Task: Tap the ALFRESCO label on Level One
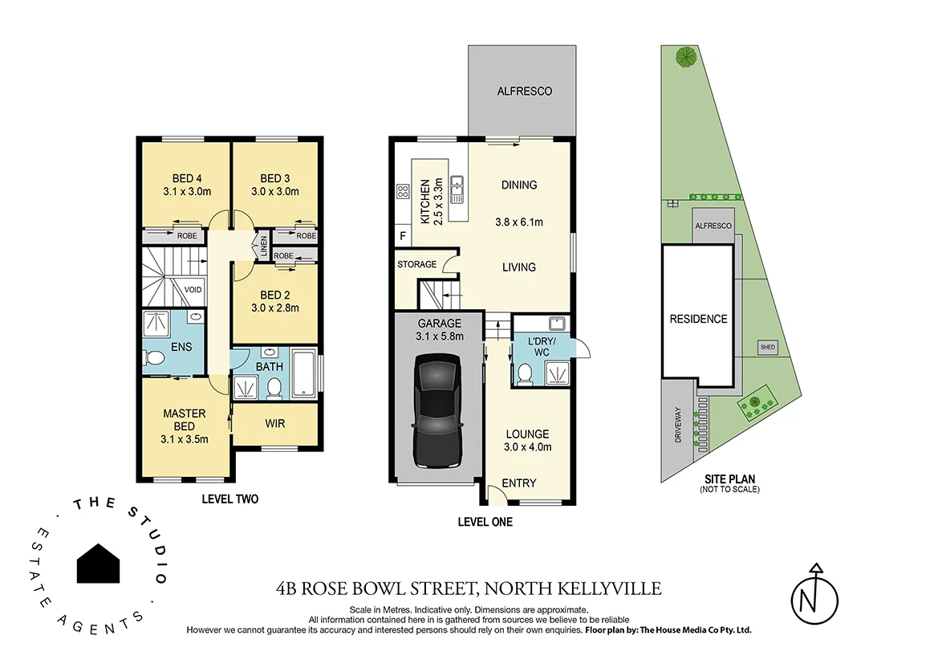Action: coord(524,92)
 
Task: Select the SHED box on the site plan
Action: coord(768,347)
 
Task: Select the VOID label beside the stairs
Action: coord(193,290)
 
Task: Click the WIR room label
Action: coord(274,423)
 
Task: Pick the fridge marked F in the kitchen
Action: coord(402,236)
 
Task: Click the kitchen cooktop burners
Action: coord(402,192)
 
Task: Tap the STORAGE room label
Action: coord(417,264)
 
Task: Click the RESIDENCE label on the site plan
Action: coord(698,319)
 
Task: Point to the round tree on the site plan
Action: coord(685,57)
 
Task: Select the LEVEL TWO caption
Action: coord(229,499)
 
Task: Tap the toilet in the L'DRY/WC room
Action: coord(526,373)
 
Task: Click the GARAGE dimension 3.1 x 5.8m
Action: coord(439,336)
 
